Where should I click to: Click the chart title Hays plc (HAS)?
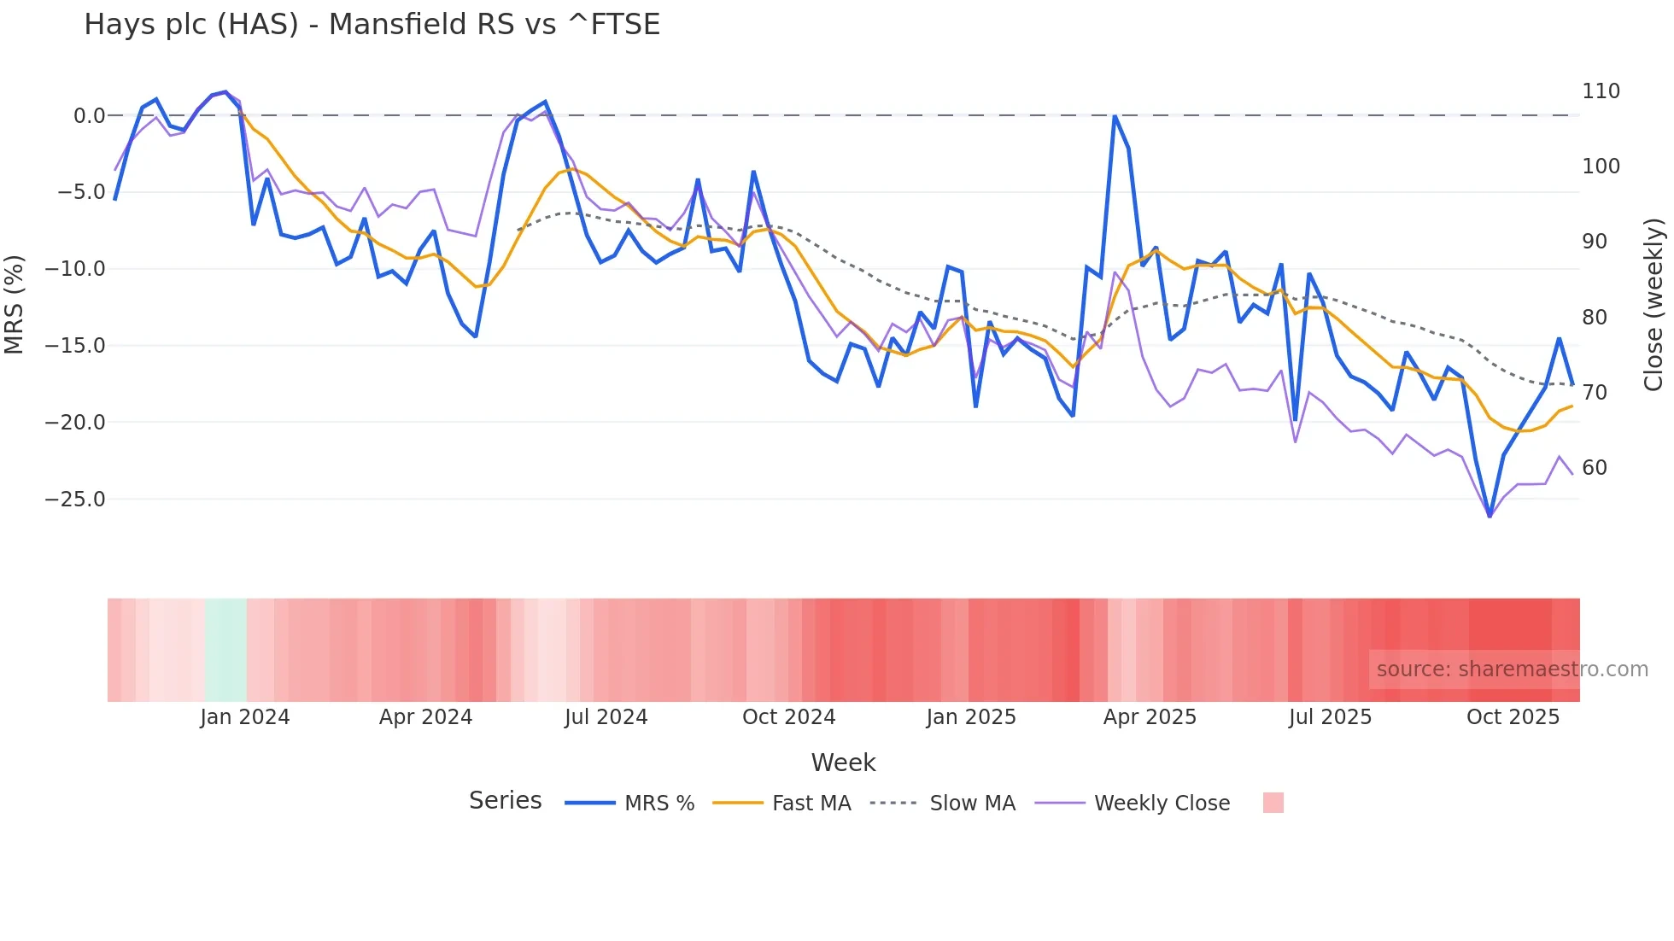pos(372,25)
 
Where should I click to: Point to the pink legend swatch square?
pos(1273,803)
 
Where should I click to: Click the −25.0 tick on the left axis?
pos(75,499)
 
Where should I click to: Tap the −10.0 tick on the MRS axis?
pos(75,269)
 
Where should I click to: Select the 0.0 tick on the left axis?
pos(89,116)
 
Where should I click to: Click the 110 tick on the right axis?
pos(1601,91)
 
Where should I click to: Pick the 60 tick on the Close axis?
pos(1595,468)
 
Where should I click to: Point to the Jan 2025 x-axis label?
pos(971,717)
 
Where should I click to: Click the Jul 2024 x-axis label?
pos(606,717)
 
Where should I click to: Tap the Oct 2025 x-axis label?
pos(1513,717)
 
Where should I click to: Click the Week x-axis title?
pos(843,763)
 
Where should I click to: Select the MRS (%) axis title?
pos(15,304)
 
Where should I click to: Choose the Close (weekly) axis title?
pos(1654,305)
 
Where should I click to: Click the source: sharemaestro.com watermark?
pos(1512,669)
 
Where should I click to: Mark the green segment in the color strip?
pos(225,650)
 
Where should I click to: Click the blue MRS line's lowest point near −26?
pos(1490,516)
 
